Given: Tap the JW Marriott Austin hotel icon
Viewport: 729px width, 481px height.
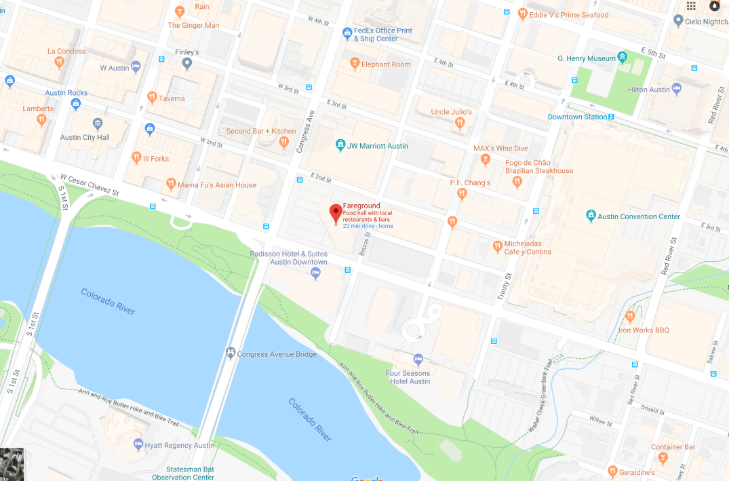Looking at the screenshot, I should (340, 145).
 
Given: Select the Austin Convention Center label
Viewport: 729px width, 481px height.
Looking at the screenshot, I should (639, 216).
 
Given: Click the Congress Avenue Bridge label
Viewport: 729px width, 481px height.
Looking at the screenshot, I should (277, 354).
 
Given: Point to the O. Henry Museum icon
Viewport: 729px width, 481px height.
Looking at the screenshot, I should (623, 57).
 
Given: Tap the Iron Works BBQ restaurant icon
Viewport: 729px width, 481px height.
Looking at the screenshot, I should (630, 316).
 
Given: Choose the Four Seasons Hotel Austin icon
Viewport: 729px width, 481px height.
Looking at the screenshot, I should (418, 359).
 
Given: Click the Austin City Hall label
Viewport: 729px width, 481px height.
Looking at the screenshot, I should (85, 137).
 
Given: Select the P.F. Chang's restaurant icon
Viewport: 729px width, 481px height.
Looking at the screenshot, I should (462, 194).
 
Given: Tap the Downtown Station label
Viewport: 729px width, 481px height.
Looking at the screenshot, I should (577, 117).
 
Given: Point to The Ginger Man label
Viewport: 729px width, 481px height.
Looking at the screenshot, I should (193, 26).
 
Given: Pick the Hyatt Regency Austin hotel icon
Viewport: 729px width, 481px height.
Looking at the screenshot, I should (138, 445).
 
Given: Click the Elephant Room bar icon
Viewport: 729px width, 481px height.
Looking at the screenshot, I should (353, 64).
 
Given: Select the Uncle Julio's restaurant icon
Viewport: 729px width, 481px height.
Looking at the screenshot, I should (460, 123).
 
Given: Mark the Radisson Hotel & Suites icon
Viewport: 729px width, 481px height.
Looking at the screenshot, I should (315, 273).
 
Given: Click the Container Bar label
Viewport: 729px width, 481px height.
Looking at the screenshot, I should (673, 447).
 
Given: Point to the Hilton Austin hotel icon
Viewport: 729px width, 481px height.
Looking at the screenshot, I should (677, 89).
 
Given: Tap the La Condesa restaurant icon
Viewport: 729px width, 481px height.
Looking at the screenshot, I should (60, 61).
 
